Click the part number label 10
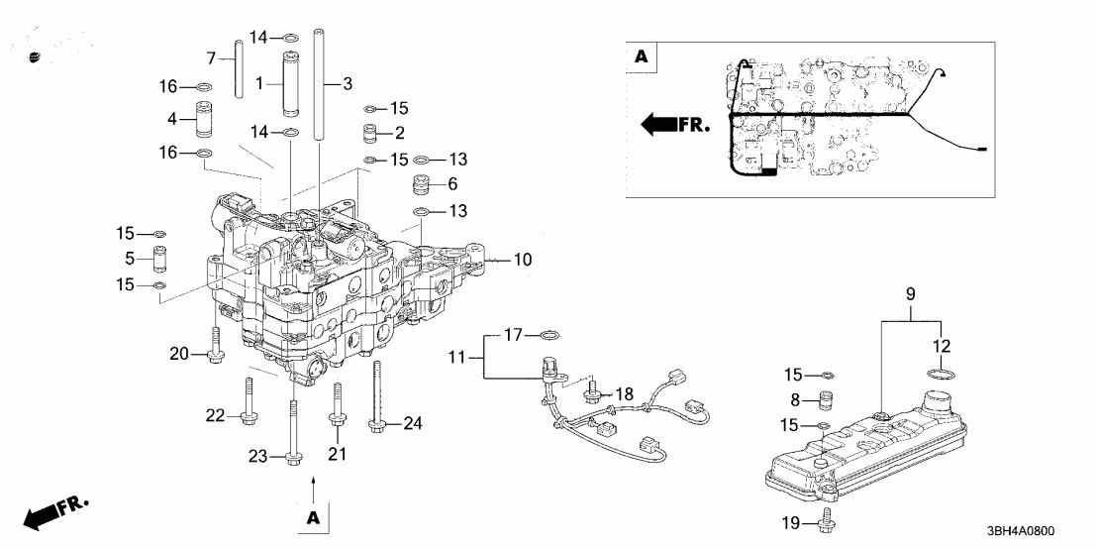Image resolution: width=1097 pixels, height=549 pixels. pos(523,260)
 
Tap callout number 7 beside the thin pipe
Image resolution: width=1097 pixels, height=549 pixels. pos(210,57)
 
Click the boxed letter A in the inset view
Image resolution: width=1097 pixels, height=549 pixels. pos(642,58)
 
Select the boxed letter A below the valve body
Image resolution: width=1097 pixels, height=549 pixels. pos(313,517)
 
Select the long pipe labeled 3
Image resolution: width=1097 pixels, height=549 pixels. pos(321,84)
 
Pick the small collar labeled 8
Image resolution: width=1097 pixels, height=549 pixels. pos(821,401)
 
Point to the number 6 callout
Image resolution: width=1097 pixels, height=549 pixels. pos(452,184)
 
